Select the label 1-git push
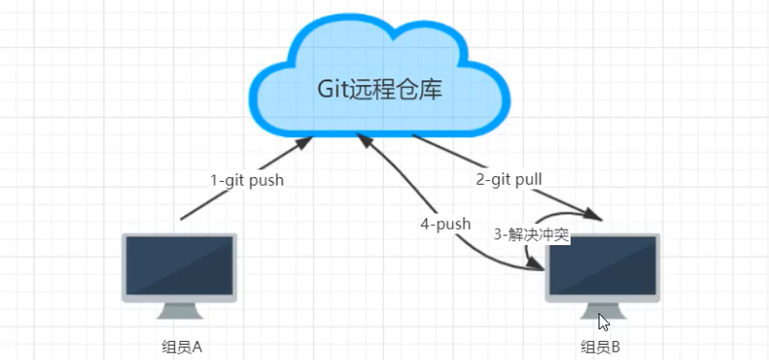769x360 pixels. point(247,179)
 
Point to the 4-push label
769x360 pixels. point(445,224)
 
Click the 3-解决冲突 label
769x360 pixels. point(532,234)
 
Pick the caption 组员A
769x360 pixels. point(181,347)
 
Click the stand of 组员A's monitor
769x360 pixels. point(180,313)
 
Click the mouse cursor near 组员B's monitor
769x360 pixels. point(603,322)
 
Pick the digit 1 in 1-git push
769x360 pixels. point(215,179)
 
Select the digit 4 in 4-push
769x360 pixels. point(424,224)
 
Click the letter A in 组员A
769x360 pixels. point(196,347)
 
